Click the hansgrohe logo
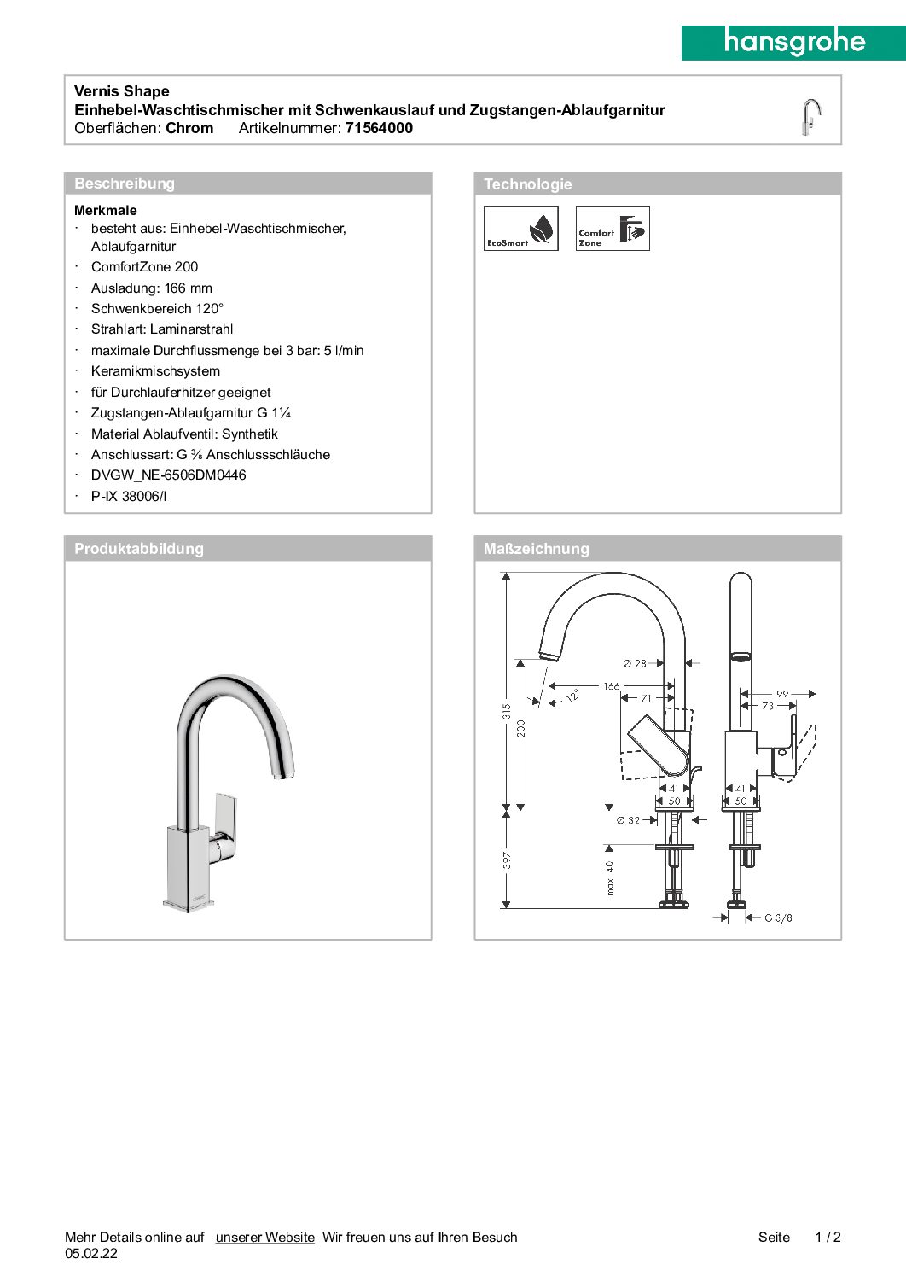[793, 42]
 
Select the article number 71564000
[379, 128]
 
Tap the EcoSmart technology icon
[520, 228]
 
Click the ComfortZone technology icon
[613, 228]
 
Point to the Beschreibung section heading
[125, 184]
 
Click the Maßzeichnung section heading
[536, 549]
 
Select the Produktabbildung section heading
[139, 549]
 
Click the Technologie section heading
[527, 184]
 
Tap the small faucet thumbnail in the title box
[810, 116]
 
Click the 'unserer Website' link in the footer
[264, 1237]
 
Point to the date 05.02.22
[91, 1254]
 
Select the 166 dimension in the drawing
[612, 686]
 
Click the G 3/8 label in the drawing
[778, 918]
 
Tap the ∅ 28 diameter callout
[635, 663]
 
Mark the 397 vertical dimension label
[507, 860]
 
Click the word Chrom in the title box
[189, 128]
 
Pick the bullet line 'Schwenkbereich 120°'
[157, 309]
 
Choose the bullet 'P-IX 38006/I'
[129, 497]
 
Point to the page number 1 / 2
[828, 1237]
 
